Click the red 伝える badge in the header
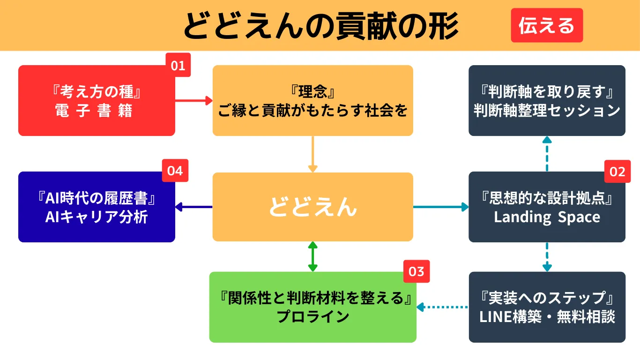coord(547,25)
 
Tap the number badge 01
coord(178,66)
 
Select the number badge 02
coord(617,172)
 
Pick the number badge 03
coord(417,272)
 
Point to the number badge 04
coord(175,171)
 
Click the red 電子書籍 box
coord(97,101)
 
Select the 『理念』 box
coord(313,101)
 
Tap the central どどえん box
coord(313,207)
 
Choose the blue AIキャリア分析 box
coord(97,207)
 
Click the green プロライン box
coord(313,307)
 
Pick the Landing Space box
coord(547,207)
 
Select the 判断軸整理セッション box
coord(547,101)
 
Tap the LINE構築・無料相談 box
coord(547,307)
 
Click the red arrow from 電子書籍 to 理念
coord(193,100)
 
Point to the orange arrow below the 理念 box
coord(313,154)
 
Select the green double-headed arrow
coord(313,256)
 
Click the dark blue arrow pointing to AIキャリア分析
coord(193,207)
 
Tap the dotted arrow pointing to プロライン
coord(443,307)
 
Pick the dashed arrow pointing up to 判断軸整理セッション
coord(547,154)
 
